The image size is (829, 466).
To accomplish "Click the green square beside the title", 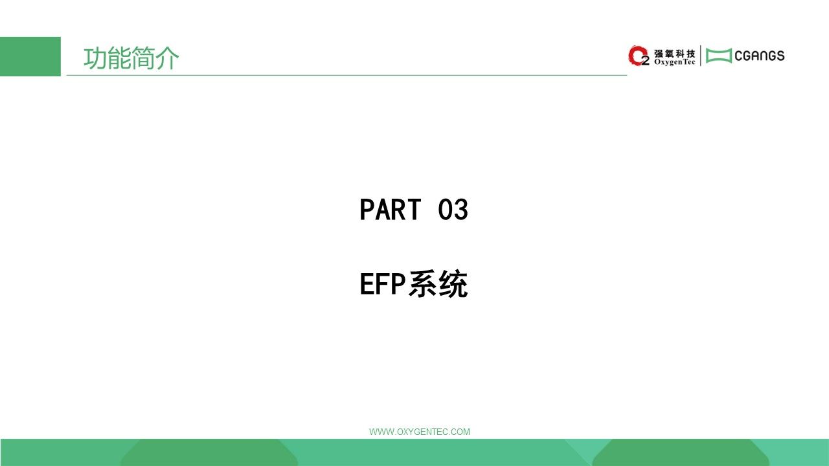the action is (30, 56).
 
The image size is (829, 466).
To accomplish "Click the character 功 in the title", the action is (95, 58).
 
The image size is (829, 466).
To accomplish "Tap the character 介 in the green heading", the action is (167, 58).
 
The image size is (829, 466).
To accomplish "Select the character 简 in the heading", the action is (143, 58).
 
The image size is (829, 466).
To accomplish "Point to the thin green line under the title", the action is (346, 75).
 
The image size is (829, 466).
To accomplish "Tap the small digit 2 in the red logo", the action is (646, 61).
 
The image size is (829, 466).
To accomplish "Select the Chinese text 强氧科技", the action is (674, 54).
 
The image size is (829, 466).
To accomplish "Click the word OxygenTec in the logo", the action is (674, 62).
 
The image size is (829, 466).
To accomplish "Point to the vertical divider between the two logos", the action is (700, 56).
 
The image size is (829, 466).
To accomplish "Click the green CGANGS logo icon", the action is (719, 56).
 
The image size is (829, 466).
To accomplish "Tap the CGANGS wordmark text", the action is (760, 56).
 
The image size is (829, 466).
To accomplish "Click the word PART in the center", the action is (391, 209).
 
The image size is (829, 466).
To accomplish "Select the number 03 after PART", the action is (453, 209).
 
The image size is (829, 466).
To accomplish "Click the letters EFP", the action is (383, 284).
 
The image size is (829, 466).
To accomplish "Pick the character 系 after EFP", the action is (422, 284).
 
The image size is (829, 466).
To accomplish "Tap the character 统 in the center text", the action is (453, 284).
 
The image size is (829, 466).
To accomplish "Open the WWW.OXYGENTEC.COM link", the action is (420, 432).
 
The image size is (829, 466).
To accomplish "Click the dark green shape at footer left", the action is (209, 452).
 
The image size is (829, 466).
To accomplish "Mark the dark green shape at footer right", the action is (681, 452).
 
